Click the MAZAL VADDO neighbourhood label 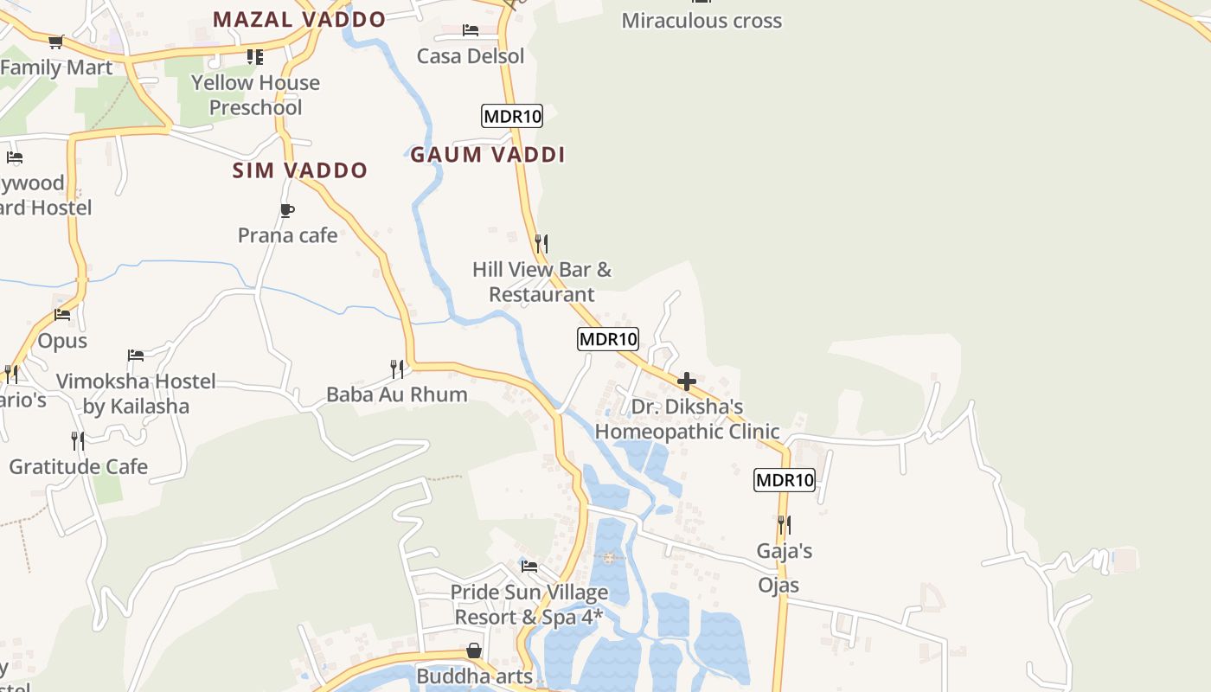click(x=299, y=19)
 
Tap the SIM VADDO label click(x=300, y=170)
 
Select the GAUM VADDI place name click(x=487, y=155)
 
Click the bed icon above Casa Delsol click(x=471, y=30)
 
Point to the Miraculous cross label click(x=702, y=21)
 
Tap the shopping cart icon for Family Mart click(x=57, y=42)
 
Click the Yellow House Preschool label click(x=255, y=95)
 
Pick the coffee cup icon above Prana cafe click(x=287, y=210)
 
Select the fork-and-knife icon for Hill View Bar click(x=541, y=243)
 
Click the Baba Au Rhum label click(x=396, y=394)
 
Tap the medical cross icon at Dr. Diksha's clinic click(x=687, y=381)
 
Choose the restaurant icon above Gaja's click(x=784, y=524)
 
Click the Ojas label click(x=778, y=585)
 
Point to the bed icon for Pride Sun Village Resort click(x=529, y=567)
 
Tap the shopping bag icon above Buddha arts click(x=474, y=650)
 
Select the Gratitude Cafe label click(x=78, y=467)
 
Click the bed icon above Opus click(x=62, y=315)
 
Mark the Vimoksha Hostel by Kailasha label click(x=136, y=394)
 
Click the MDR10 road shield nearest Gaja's click(x=785, y=480)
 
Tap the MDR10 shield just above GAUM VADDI click(x=512, y=116)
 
